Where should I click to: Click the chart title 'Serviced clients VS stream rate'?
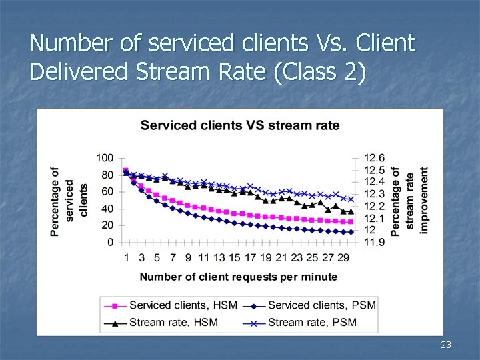point(239,125)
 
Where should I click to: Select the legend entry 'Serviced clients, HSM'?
point(177,305)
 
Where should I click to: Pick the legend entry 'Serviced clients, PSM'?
point(321,305)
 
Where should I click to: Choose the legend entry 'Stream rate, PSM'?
point(311,322)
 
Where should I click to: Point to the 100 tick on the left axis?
point(105,158)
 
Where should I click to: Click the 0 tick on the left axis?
point(110,242)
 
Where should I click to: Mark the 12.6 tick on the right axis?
point(374,158)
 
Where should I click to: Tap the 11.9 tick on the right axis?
point(374,242)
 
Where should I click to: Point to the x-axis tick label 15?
point(235,258)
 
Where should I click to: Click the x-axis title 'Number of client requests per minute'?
point(239,277)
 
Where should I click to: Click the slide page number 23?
point(446,345)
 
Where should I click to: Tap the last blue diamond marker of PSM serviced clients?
point(351,232)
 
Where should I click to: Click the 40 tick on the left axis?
point(107,209)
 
